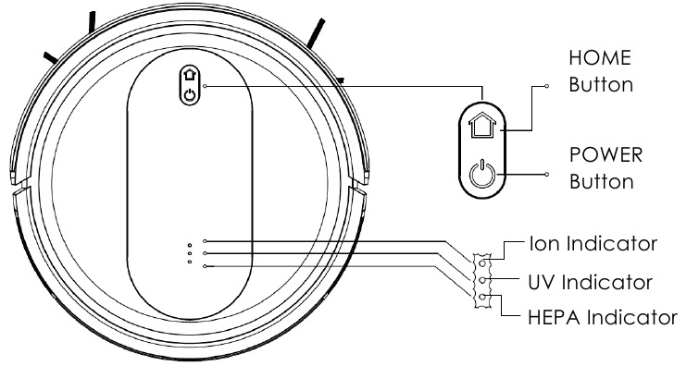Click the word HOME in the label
point(599,58)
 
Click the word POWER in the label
point(605,153)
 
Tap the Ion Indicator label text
point(593,245)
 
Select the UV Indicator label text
point(590,281)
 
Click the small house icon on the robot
point(190,77)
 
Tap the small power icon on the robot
point(190,94)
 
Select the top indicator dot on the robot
point(190,245)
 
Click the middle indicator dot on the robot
point(190,253)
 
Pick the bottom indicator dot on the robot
point(190,262)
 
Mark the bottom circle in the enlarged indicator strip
point(481,297)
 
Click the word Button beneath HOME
point(601,84)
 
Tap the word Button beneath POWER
point(601,180)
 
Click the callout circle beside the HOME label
point(548,84)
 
